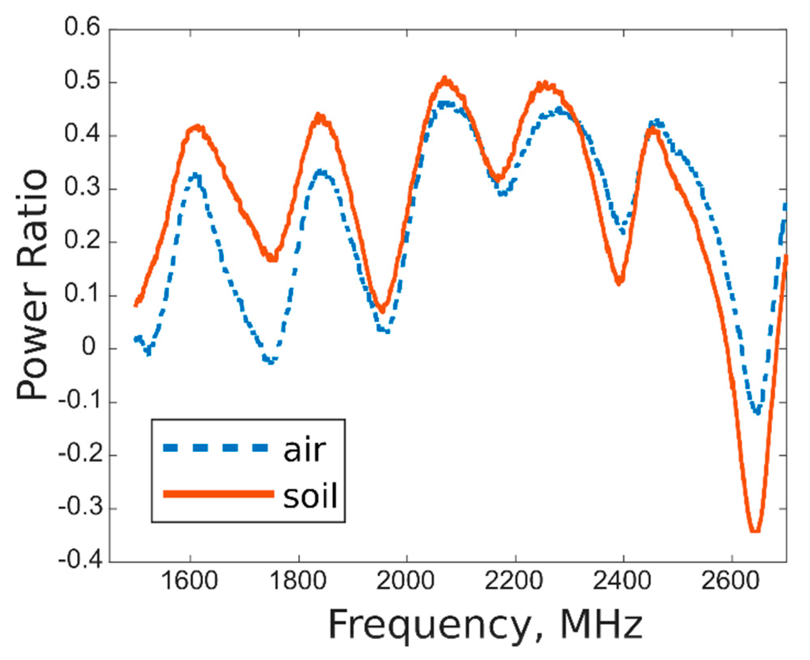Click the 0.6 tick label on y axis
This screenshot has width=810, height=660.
(x=82, y=28)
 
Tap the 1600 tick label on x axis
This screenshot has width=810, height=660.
(x=189, y=581)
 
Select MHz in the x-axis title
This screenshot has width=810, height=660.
(x=601, y=625)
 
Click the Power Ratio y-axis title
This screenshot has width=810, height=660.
(x=32, y=284)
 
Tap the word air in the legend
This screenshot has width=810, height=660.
(x=305, y=450)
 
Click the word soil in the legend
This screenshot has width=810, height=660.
(x=310, y=496)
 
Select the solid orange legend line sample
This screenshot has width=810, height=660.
(x=218, y=494)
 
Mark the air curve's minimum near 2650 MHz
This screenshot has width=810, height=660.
(x=757, y=412)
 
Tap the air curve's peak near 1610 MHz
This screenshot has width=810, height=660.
(x=196, y=176)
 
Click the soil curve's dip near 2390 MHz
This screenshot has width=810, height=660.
(x=619, y=281)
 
